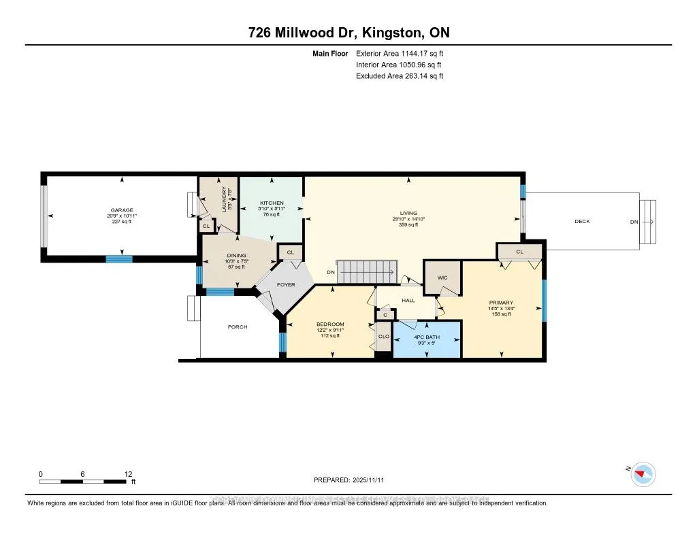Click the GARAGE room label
[122, 210]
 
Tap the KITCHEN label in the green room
[270, 203]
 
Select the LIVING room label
[408, 213]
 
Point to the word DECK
[582, 222]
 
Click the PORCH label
[238, 327]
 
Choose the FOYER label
[286, 284]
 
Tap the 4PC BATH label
[427, 337]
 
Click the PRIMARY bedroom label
[500, 303]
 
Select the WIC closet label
[441, 278]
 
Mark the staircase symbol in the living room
[368, 272]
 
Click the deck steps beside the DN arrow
[648, 222]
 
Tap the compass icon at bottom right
[643, 474]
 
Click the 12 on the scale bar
[129, 474]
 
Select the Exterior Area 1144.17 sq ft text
[400, 53]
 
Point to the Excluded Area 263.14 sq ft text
[400, 76]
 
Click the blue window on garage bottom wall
[119, 258]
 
